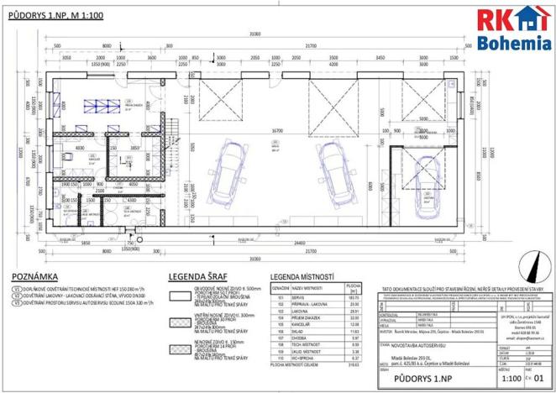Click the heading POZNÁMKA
36,276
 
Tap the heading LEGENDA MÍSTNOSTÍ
301,276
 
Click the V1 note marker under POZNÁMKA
16,288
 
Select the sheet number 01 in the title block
540,378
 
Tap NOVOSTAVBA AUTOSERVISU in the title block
420,343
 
